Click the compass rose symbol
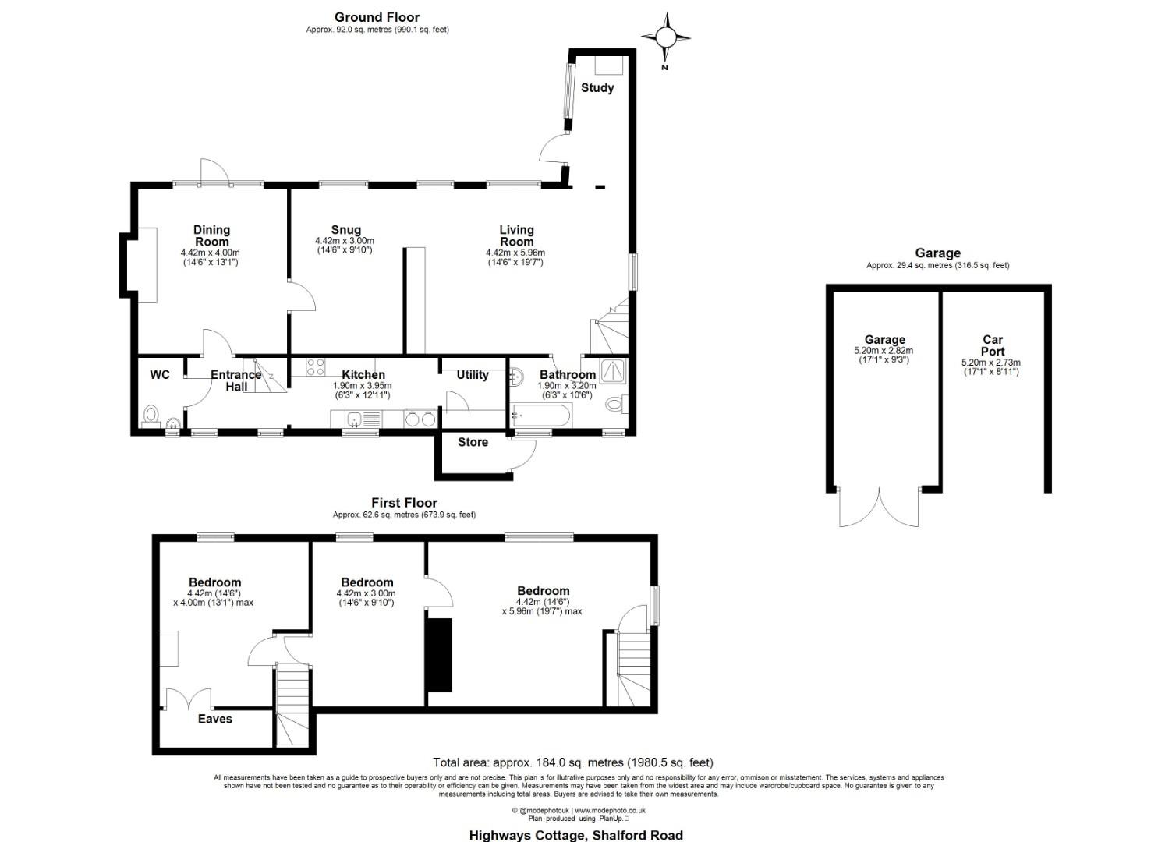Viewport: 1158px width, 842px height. (x=665, y=37)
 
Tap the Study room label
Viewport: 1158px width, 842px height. (x=597, y=88)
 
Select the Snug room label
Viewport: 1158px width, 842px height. (x=345, y=230)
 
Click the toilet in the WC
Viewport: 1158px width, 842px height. (x=151, y=415)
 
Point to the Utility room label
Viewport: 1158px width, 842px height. (x=473, y=375)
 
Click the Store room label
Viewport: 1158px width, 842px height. (x=473, y=442)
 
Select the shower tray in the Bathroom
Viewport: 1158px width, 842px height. (x=613, y=371)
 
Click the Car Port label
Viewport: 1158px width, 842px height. (x=992, y=345)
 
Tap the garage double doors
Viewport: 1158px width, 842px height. (x=880, y=508)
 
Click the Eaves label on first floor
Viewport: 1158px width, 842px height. (x=214, y=719)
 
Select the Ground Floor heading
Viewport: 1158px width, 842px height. (x=377, y=17)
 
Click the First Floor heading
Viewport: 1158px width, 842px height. (x=404, y=503)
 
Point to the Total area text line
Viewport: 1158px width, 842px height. (x=572, y=762)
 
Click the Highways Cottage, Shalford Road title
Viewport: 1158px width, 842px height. (x=575, y=835)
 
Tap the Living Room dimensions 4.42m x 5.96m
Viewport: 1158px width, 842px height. (x=515, y=253)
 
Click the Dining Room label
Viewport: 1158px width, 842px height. (x=211, y=235)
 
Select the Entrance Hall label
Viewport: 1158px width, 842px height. (x=235, y=380)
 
